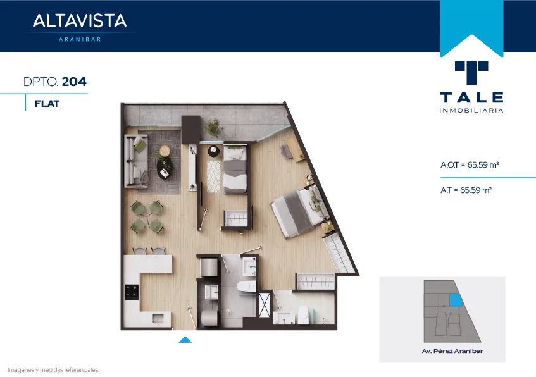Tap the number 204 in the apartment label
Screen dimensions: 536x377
tap(74, 82)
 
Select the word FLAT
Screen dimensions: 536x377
tap(47, 104)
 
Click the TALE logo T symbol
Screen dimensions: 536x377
tap(471, 72)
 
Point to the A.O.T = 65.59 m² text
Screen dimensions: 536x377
tap(470, 164)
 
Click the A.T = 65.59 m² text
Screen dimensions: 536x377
tap(466, 190)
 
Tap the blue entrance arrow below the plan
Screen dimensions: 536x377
tap(185, 340)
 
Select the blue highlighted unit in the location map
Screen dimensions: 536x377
tap(456, 300)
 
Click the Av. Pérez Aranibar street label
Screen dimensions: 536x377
tap(452, 351)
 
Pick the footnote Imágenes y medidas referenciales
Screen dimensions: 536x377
tap(53, 370)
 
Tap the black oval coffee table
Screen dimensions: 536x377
tap(165, 168)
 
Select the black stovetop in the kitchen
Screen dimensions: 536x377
tap(132, 292)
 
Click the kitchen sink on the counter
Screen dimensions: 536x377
tap(158, 319)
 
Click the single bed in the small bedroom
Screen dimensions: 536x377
tap(235, 169)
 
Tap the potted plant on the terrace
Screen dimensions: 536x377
tap(215, 128)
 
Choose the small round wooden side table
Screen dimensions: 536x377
tap(165, 151)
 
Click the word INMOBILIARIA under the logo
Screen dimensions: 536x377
tap(471, 111)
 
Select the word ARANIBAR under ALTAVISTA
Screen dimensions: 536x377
tap(80, 39)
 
